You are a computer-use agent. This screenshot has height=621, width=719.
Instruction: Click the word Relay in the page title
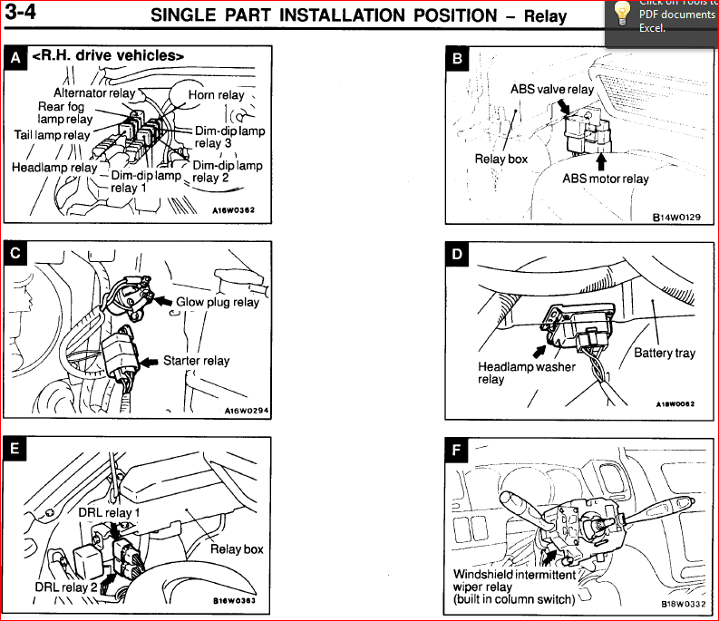coord(545,15)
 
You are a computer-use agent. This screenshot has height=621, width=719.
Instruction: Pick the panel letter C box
coord(15,254)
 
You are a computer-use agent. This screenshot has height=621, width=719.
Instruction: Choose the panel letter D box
coord(458,254)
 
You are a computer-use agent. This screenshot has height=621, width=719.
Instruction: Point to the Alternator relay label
coord(94,92)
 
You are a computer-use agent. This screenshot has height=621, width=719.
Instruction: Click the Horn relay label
coord(216,94)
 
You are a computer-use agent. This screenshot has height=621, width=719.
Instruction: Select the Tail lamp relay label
coord(52,135)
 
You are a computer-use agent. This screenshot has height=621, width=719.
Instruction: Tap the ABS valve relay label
coord(552,89)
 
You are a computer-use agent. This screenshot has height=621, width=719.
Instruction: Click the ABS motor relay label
coord(606,179)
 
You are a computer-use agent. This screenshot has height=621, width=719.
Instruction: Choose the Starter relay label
coord(196,360)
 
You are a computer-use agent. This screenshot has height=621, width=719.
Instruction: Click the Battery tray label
coord(665,353)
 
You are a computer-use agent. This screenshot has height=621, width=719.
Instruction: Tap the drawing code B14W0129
coord(677,218)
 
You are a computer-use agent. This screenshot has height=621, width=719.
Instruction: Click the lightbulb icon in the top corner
coord(621,12)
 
